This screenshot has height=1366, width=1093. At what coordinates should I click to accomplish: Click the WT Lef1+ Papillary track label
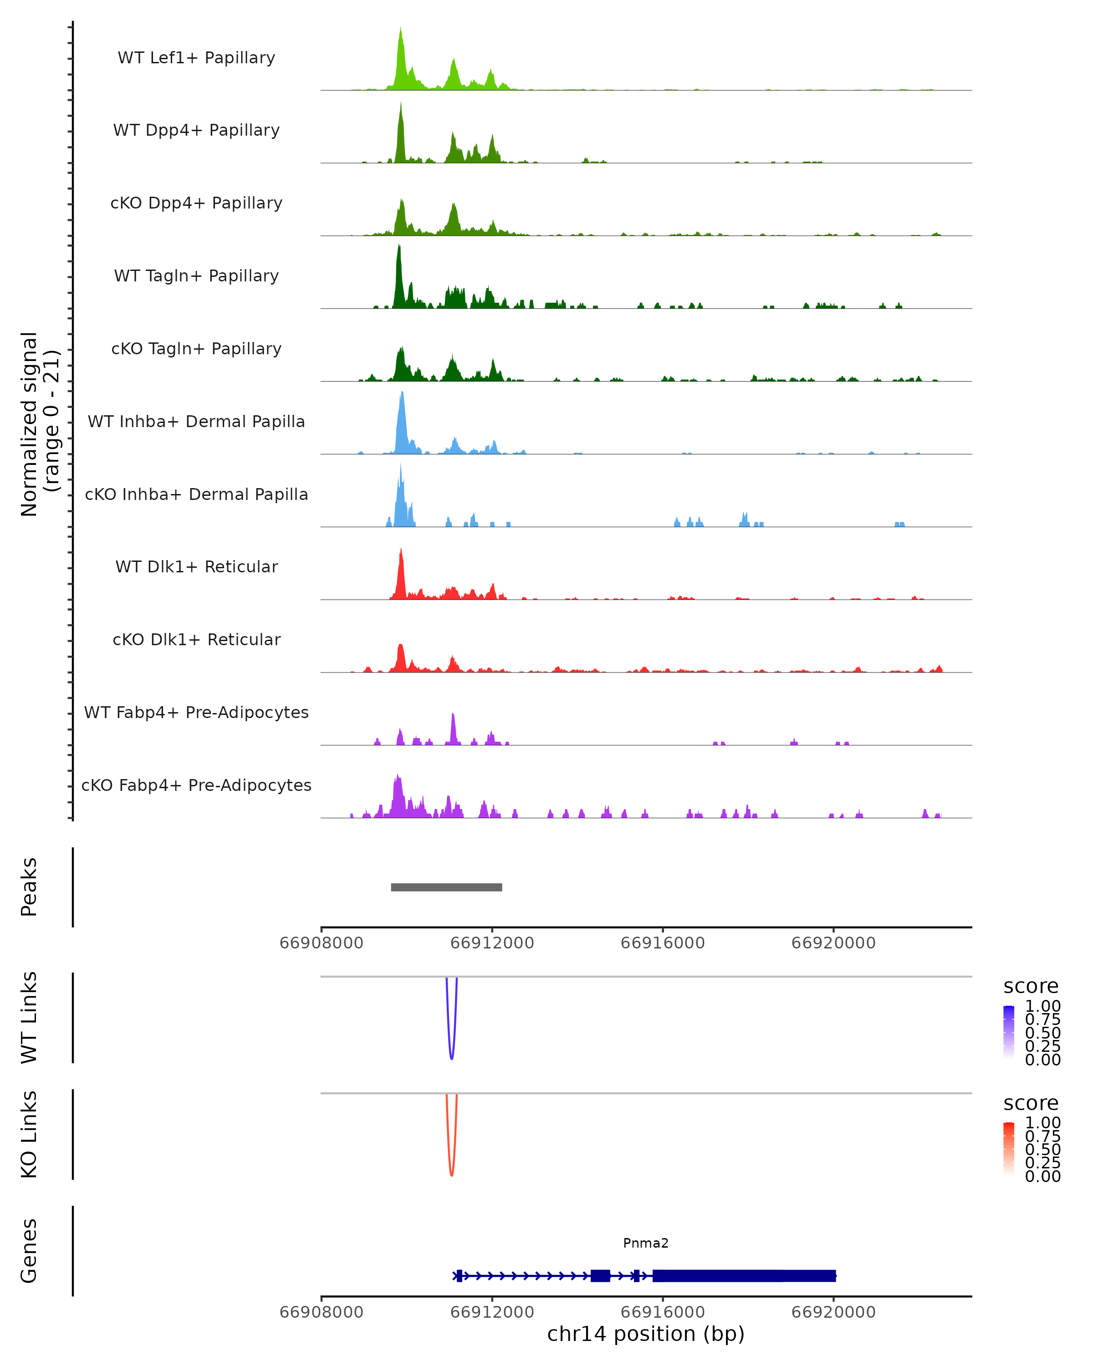coord(196,58)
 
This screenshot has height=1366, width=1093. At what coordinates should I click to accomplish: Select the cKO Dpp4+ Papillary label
coord(196,203)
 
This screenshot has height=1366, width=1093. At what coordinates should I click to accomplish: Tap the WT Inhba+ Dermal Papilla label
coord(196,421)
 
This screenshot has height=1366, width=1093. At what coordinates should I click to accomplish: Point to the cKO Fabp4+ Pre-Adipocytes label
coord(196,785)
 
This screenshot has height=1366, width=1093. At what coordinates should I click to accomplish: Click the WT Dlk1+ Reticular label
coord(196,566)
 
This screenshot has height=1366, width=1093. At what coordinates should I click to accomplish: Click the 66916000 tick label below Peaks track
coord(662,943)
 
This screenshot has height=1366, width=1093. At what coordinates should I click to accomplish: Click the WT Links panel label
coord(29,1018)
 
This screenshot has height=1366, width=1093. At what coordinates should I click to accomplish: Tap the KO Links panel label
coord(29,1134)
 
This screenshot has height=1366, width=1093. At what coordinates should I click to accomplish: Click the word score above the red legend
coord(1030,1103)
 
